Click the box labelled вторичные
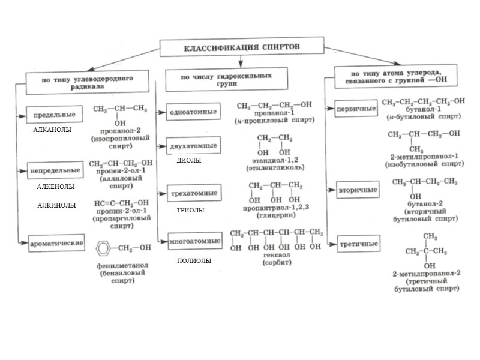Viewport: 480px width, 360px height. pyautogui.click(x=358, y=190)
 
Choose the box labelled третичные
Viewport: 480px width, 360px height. pyautogui.click(x=358, y=244)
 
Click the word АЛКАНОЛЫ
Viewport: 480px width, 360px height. pyautogui.click(x=52, y=130)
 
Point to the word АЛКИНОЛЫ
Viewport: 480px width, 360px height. pyautogui.click(x=57, y=205)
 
